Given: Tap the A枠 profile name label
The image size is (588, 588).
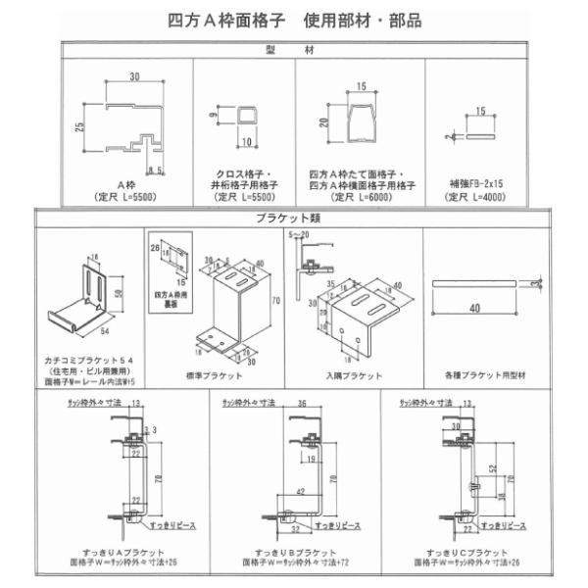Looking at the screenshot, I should pyautogui.click(x=125, y=183).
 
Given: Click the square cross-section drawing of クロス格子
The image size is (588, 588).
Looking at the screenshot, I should pyautogui.click(x=245, y=125).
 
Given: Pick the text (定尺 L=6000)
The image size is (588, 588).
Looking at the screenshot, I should pyautogui.click(x=361, y=195).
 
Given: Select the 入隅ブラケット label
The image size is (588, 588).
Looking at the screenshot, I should pyautogui.click(x=352, y=374).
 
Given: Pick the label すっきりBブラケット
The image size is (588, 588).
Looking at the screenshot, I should pyautogui.click(x=297, y=553).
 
